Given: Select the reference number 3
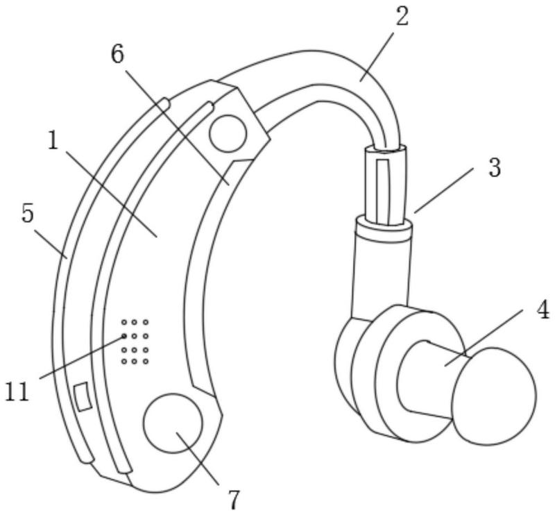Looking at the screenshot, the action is (x=493, y=167).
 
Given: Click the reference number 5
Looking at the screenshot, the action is (x=27, y=213).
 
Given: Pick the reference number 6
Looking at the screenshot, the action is (x=117, y=55).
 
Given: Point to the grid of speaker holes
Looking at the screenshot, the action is (x=135, y=341).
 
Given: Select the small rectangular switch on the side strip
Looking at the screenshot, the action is (x=83, y=396).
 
